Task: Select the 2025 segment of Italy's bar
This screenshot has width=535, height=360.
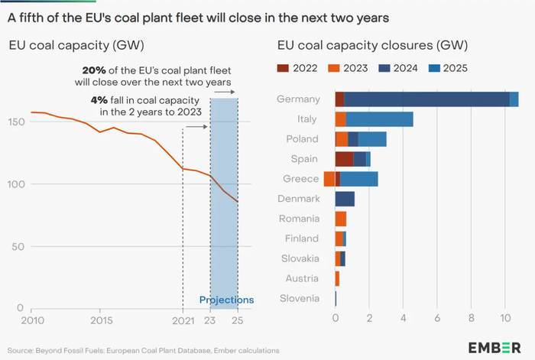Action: (x=379, y=119)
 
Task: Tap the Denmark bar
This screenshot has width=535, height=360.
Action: (x=345, y=199)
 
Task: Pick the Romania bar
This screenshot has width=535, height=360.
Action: (x=341, y=219)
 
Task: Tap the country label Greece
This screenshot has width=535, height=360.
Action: (x=300, y=179)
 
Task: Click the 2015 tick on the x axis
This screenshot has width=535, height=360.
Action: (x=101, y=319)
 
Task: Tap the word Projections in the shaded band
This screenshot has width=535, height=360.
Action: (x=226, y=300)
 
